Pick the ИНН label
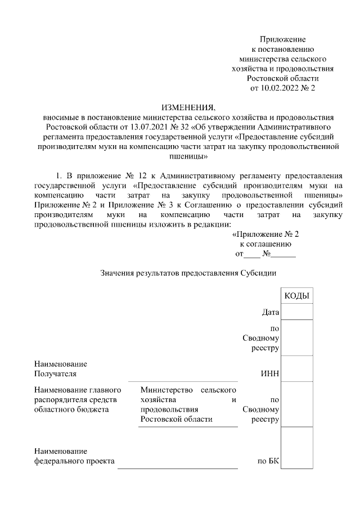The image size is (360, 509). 271,373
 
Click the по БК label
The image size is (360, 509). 268,462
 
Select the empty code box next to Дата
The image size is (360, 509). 296,312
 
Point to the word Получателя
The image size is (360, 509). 55,373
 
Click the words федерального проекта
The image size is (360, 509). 74,462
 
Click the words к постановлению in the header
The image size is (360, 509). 282,49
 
